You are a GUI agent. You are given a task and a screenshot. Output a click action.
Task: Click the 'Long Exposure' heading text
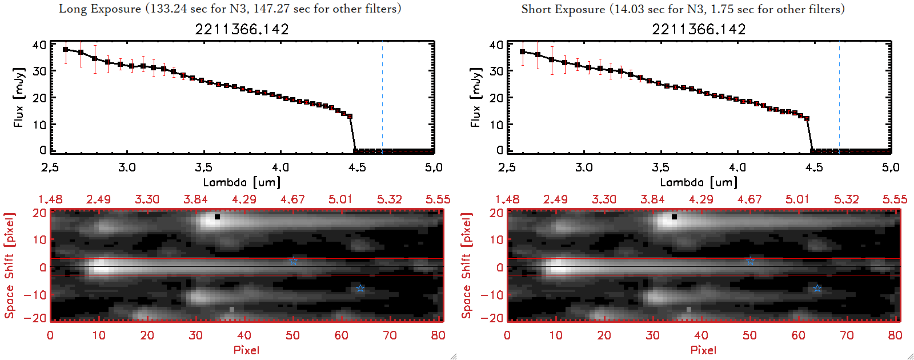pos(100,9)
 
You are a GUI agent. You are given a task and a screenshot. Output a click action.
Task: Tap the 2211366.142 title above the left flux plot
pos(242,29)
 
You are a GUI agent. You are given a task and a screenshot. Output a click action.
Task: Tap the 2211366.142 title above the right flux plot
pos(699,29)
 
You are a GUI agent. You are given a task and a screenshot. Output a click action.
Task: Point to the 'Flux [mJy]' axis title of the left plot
pos(19,97)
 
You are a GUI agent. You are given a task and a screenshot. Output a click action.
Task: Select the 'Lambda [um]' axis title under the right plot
pos(699,182)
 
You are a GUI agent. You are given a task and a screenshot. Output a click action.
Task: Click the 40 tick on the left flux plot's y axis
pos(39,45)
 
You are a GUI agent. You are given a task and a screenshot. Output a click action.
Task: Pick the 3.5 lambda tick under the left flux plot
pos(203,167)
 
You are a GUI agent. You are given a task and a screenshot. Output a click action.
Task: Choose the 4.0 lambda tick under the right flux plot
pos(737,167)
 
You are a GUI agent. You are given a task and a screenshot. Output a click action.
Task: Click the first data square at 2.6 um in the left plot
pos(66,50)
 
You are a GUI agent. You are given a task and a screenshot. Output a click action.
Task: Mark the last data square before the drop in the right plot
pos(807,119)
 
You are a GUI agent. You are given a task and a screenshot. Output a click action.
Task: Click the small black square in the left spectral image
pos(217,217)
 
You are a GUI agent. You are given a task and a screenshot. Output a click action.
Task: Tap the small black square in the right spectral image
pos(674,217)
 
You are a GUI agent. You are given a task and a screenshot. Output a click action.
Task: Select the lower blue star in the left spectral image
pos(360,288)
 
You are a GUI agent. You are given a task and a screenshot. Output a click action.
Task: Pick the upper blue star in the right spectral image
pos(750,261)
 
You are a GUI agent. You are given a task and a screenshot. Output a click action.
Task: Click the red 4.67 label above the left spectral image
pos(292,199)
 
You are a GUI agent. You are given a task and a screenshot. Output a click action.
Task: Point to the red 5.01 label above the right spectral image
pos(797,199)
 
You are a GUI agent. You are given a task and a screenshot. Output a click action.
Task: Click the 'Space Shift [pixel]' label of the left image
pos(9,266)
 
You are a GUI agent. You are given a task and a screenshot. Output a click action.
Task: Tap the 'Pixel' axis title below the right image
pos(703,350)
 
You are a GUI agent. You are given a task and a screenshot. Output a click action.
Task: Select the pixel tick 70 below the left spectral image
pos(390,335)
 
